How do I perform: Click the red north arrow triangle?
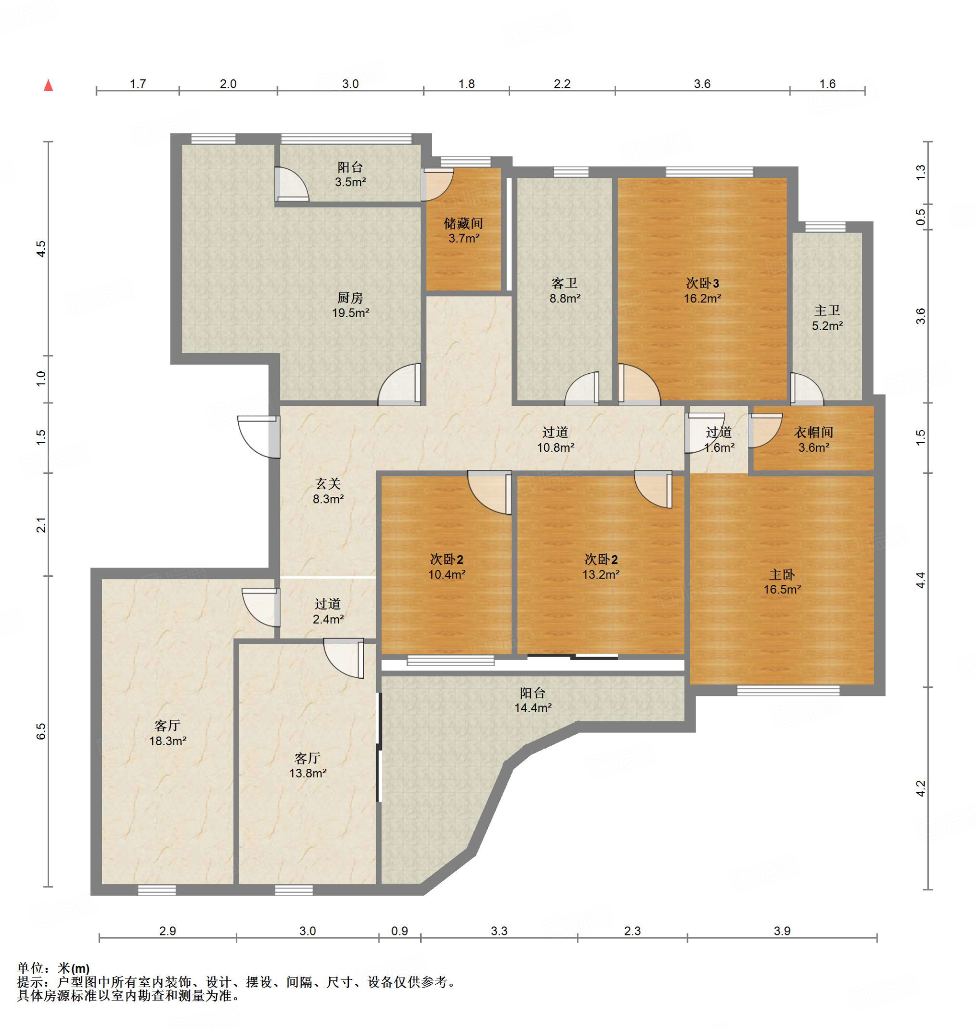[x=48, y=85]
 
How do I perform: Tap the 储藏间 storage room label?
[x=463, y=224]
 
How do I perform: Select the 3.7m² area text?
[x=464, y=238]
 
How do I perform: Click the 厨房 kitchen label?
[x=350, y=298]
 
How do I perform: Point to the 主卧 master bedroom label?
[x=782, y=575]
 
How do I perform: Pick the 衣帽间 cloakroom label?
[x=814, y=432]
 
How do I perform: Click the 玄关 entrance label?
[x=328, y=484]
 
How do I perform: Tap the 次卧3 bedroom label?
[x=702, y=283]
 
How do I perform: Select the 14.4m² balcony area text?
[x=533, y=707]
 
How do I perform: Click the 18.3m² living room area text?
[x=168, y=741]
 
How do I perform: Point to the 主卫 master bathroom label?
[x=827, y=311]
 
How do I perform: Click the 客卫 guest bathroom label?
[x=564, y=283]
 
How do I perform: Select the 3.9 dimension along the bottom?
[x=782, y=931]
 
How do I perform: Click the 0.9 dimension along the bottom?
[x=400, y=931]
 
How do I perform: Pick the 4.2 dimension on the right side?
[x=921, y=788]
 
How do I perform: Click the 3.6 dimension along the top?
[x=702, y=84]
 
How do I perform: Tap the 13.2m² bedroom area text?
[x=601, y=574]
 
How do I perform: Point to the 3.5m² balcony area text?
[x=350, y=182]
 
